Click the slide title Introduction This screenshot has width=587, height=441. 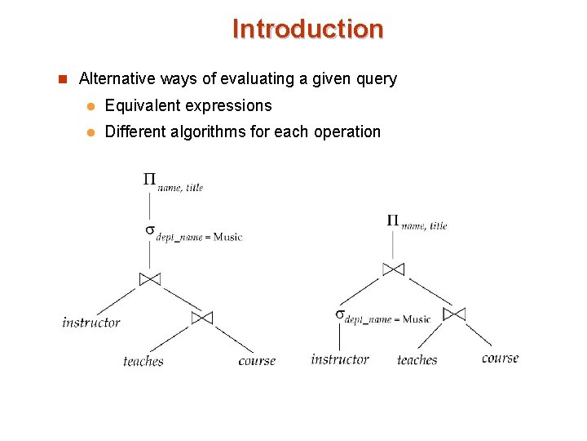(x=307, y=29)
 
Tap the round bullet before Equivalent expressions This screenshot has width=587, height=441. (x=92, y=106)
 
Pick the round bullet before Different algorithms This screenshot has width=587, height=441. (x=92, y=132)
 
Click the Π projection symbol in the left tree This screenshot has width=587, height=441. (x=149, y=179)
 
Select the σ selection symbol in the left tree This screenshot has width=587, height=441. (x=150, y=230)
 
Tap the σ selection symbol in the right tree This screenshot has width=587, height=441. (x=339, y=314)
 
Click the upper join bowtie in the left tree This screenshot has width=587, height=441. (x=150, y=278)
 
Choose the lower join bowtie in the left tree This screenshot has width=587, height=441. (x=201, y=317)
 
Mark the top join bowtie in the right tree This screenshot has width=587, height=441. (x=393, y=269)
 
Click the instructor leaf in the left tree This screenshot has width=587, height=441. (x=91, y=323)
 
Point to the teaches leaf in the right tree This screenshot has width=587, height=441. (x=417, y=360)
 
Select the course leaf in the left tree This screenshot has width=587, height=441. (x=257, y=361)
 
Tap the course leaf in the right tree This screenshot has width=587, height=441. (x=500, y=358)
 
